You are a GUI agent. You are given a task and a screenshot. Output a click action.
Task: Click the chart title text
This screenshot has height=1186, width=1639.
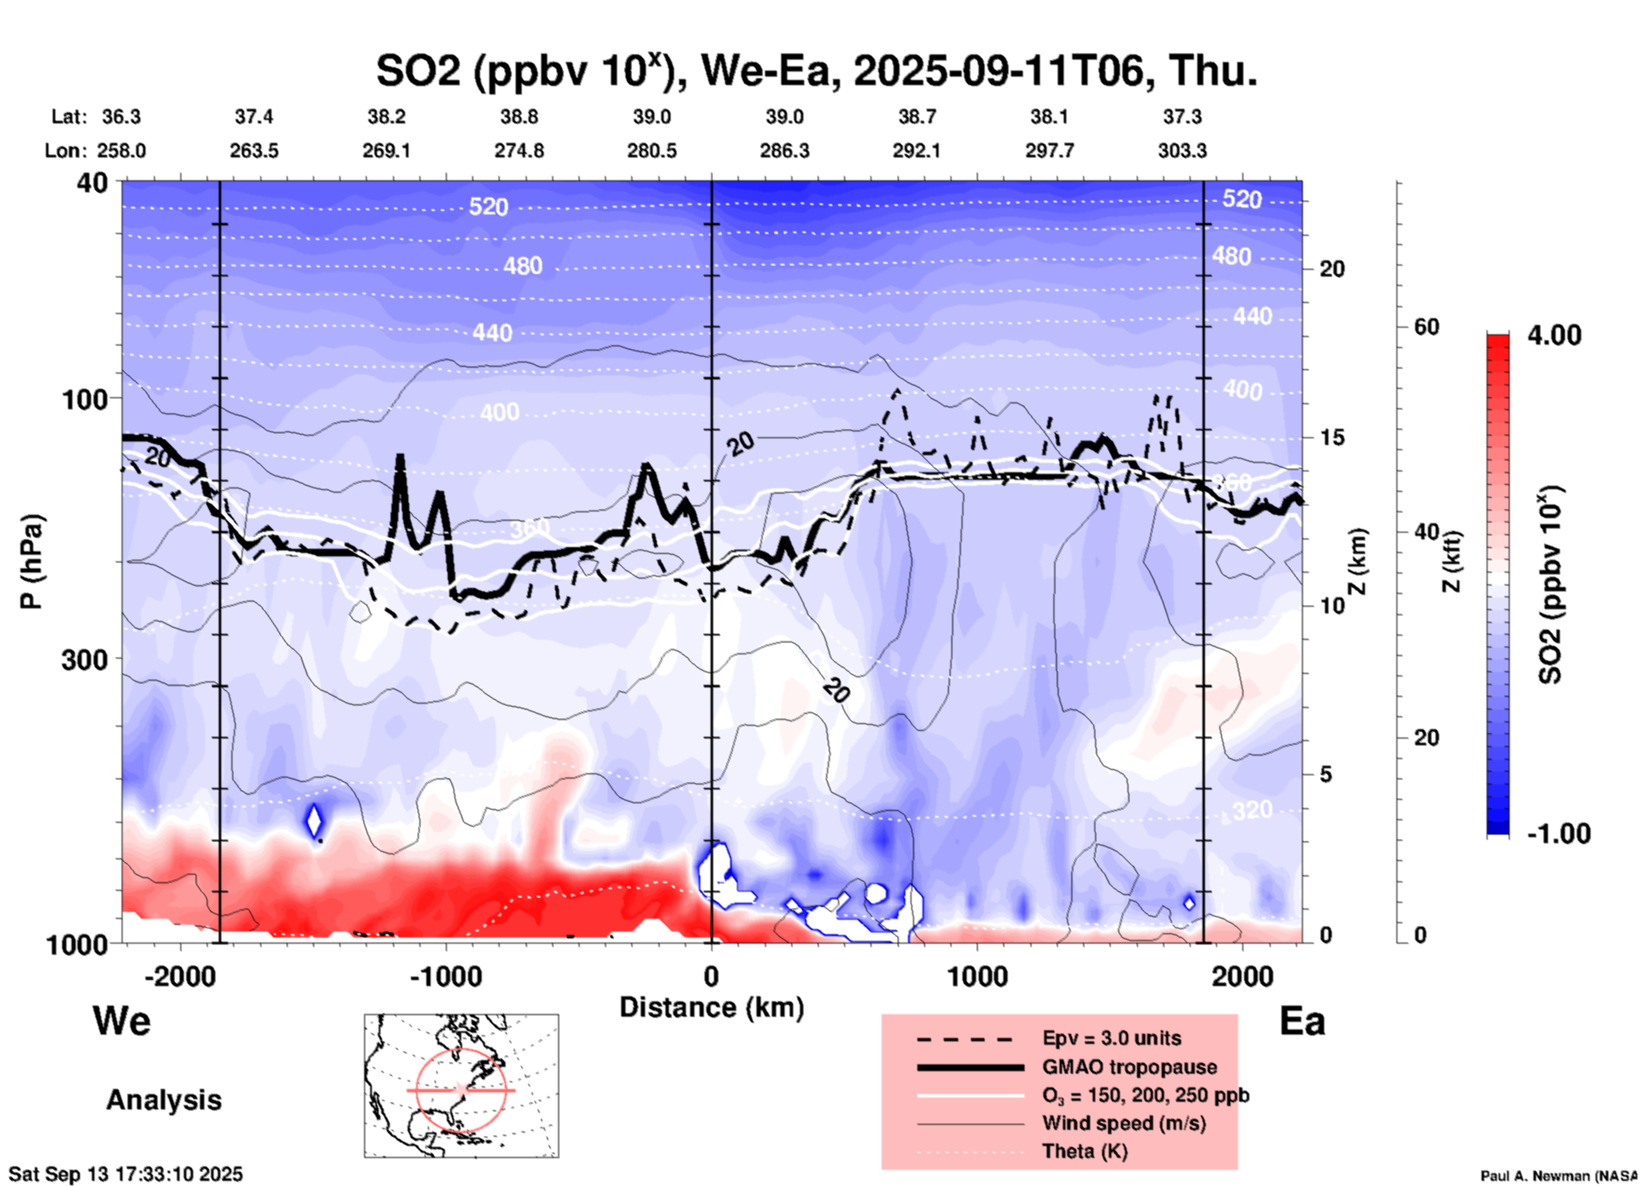coord(816,71)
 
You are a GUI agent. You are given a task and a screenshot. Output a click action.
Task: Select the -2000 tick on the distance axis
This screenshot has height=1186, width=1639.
coord(180,977)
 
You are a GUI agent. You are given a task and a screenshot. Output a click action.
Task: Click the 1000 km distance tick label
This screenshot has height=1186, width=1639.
coord(977,977)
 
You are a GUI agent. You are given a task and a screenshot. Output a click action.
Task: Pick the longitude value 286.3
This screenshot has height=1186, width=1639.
coord(784,151)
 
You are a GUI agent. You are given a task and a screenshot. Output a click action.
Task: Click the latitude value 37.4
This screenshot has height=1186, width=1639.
coord(254,117)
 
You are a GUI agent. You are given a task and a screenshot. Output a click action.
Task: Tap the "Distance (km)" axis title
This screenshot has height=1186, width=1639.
coord(711,1007)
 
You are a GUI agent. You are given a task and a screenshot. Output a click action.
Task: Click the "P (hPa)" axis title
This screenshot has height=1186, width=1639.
coord(31,562)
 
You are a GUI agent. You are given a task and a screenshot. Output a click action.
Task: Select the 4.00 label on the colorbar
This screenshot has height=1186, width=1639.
coord(1554,335)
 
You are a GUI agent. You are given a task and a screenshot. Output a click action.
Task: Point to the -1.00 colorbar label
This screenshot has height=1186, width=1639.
coord(1558,834)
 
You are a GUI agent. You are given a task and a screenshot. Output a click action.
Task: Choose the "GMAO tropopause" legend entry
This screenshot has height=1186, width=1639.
coord(1129,1067)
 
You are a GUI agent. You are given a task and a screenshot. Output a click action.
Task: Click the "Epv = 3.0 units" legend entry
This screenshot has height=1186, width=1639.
coord(1111,1038)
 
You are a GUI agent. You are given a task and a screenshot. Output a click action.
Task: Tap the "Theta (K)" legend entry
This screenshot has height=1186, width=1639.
coord(1084,1151)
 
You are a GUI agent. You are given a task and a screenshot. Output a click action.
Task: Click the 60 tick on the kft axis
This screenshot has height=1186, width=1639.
coord(1426,327)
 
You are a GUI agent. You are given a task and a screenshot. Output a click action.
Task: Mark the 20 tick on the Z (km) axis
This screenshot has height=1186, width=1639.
coord(1332,269)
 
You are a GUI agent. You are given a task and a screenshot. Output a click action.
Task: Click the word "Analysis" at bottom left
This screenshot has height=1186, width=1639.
coord(163,1100)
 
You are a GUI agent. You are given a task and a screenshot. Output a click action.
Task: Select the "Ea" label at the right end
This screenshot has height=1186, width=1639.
coord(1302,1022)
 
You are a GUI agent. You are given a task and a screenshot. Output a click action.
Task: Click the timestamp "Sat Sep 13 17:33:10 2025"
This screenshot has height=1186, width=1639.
coord(126,1174)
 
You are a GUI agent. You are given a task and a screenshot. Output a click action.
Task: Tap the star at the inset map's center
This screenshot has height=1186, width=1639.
coord(461,1089)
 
